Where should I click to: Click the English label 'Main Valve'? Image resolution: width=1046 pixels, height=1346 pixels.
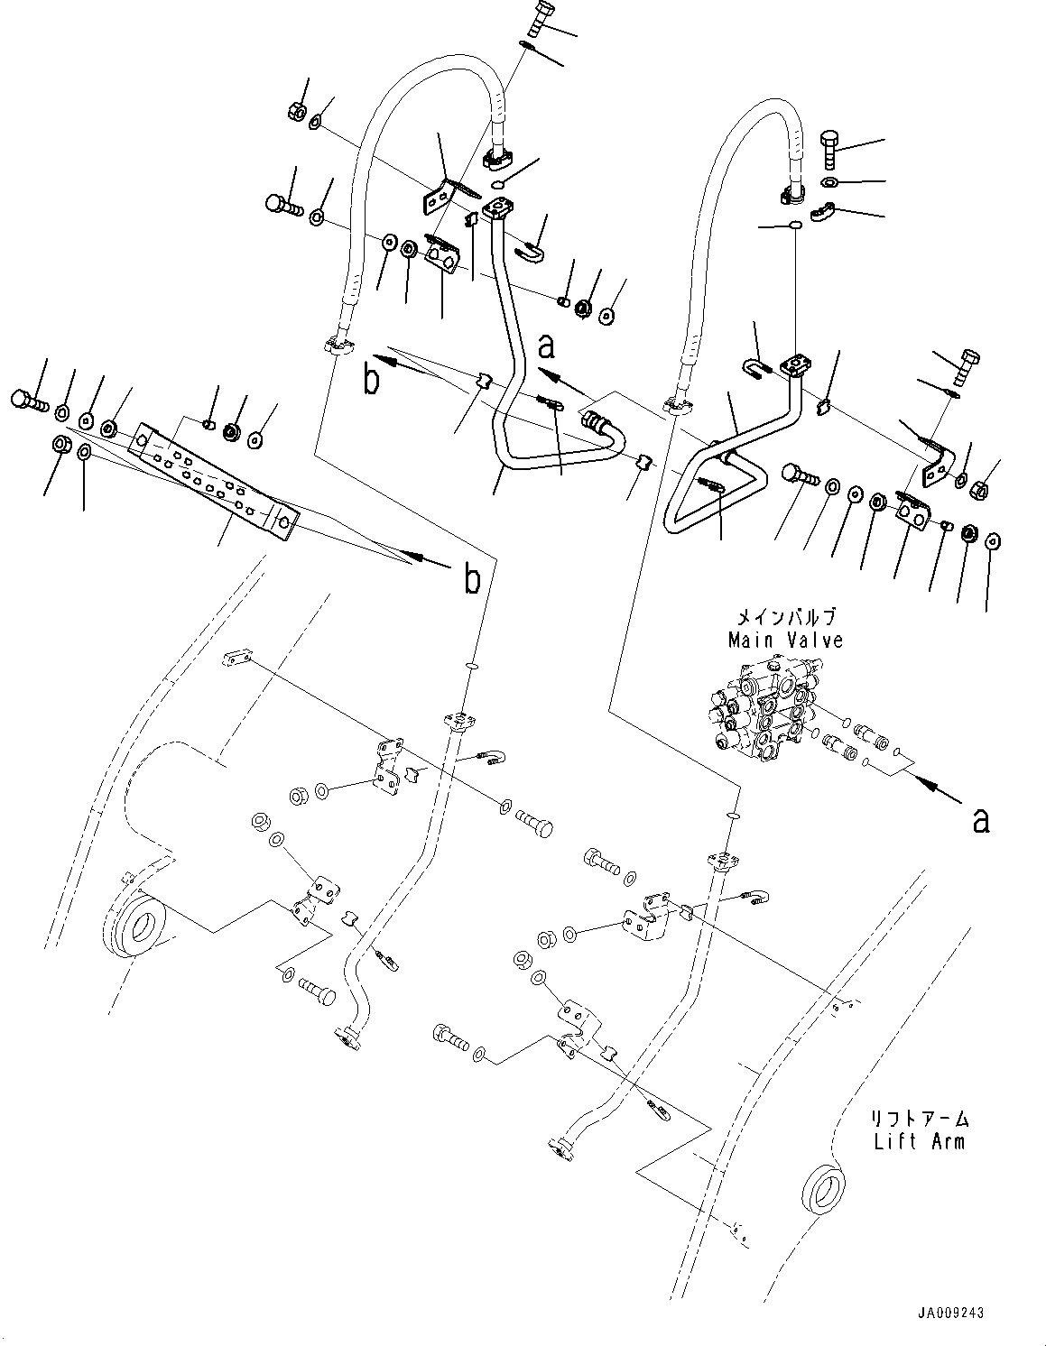785,641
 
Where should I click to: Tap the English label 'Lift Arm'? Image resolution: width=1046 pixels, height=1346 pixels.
919,1141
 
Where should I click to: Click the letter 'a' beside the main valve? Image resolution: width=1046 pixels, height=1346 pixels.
980,820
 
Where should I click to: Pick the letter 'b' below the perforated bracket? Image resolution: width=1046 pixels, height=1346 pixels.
471,581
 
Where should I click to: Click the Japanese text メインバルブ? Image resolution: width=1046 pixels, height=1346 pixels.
785,618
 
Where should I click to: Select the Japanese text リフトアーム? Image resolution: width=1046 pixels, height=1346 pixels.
919,1119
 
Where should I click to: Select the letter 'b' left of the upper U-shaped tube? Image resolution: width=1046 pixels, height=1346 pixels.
371,382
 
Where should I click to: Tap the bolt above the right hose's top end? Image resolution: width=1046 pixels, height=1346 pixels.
831,147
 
